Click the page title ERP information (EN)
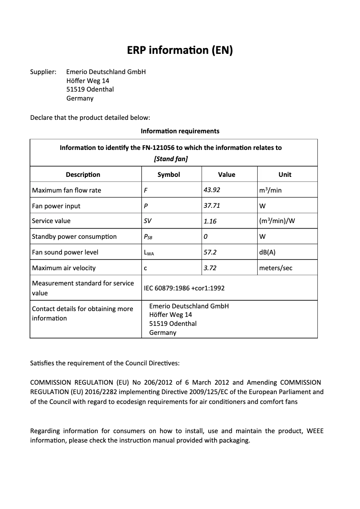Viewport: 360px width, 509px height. pyautogui.click(x=180, y=50)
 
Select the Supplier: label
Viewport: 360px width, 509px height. pyautogui.click(x=43, y=72)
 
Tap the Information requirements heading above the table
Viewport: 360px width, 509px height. pyautogui.click(x=180, y=131)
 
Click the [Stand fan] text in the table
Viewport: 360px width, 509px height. pyautogui.click(x=171, y=159)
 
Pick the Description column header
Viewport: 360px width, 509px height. pyautogui.click(x=83, y=175)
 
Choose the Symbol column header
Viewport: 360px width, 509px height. pyautogui.click(x=169, y=175)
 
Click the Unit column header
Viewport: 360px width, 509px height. pyautogui.click(x=285, y=175)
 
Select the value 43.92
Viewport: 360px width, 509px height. pyautogui.click(x=212, y=190)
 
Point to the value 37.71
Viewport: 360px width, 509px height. pyautogui.click(x=212, y=206)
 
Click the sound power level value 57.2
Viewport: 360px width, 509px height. pyautogui.click(x=210, y=252)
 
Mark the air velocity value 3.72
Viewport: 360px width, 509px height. pyautogui.click(x=210, y=268)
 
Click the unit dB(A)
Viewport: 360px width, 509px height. pyautogui.click(x=268, y=252)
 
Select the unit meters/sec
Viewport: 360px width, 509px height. pyautogui.click(x=276, y=268)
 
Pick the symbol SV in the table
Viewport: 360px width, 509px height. pyautogui.click(x=148, y=221)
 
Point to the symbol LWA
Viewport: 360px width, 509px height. pyautogui.click(x=149, y=253)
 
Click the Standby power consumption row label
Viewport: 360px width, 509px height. pyautogui.click(x=74, y=237)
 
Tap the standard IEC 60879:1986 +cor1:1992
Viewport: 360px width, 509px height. pyautogui.click(x=184, y=288)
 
